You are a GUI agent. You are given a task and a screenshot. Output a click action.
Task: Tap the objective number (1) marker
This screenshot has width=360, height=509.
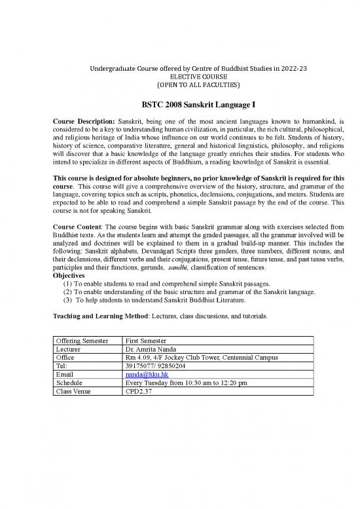point(67,303)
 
